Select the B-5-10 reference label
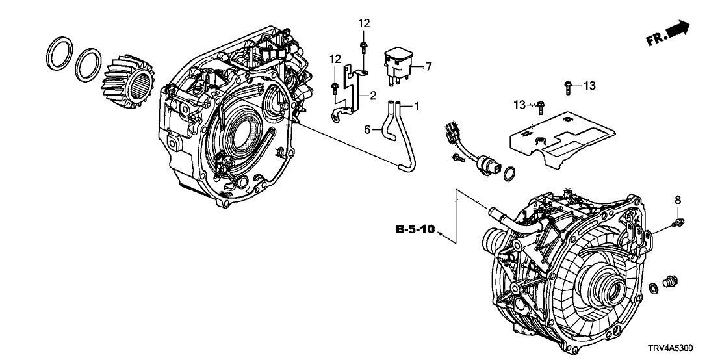[x=415, y=229]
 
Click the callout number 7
[x=428, y=66]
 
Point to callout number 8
[x=677, y=200]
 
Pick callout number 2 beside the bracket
[x=373, y=96]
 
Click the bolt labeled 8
[x=677, y=223]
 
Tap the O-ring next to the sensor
[x=511, y=172]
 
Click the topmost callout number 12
[x=364, y=23]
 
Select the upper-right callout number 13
[x=589, y=85]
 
